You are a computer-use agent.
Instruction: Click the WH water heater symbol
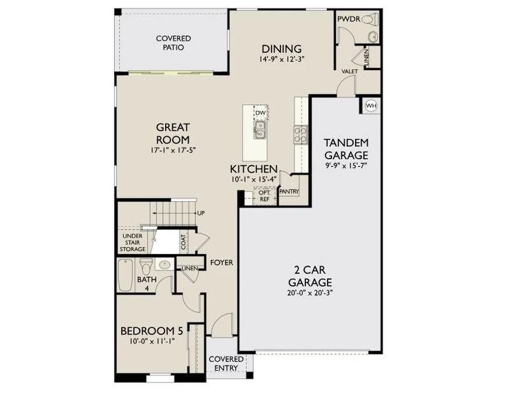(x=371, y=105)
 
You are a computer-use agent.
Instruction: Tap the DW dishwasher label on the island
(x=259, y=113)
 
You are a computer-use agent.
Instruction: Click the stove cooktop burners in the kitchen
(x=300, y=134)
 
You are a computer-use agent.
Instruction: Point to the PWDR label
(x=347, y=20)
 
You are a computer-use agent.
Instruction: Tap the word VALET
(x=349, y=71)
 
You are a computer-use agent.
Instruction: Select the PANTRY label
(x=289, y=192)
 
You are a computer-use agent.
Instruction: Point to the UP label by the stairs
(x=201, y=214)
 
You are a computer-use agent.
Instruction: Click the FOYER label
(x=222, y=263)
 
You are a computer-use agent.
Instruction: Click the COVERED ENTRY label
(x=226, y=364)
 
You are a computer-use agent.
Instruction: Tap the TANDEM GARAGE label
(x=347, y=149)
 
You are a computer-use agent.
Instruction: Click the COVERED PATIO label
(x=174, y=43)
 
